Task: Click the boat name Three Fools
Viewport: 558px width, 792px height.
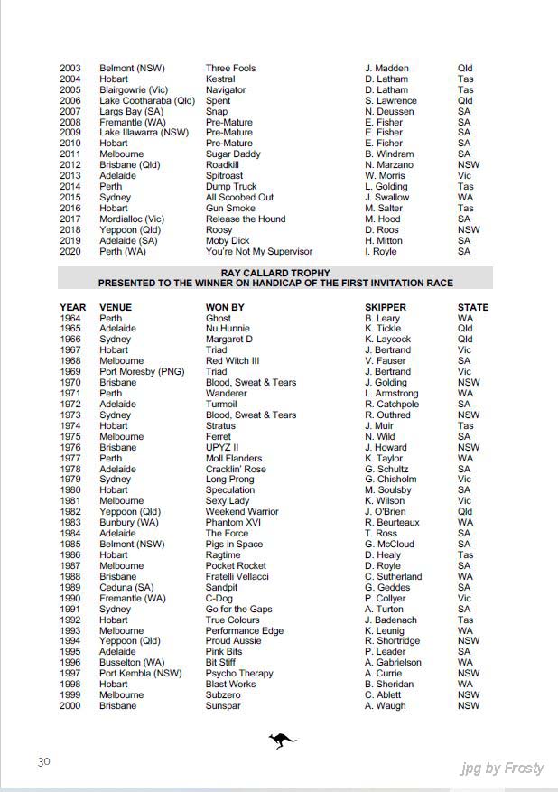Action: pyautogui.click(x=230, y=69)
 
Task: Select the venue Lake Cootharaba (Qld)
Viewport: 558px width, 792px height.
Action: pyautogui.click(x=146, y=101)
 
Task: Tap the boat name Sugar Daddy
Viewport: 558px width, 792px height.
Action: pyautogui.click(x=233, y=154)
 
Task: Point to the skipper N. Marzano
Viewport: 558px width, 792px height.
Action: pyautogui.click(x=389, y=165)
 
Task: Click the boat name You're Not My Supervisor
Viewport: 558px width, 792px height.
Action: pyautogui.click(x=258, y=252)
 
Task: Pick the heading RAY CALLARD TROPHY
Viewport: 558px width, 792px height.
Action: pyautogui.click(x=275, y=273)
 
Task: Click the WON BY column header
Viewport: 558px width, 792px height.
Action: pyautogui.click(x=225, y=308)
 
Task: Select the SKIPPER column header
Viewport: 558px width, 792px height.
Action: pyautogui.click(x=388, y=308)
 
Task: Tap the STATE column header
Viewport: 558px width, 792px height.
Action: pyautogui.click(x=472, y=308)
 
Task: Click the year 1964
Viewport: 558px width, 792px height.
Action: pyautogui.click(x=70, y=319)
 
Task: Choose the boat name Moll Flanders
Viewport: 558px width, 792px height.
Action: pyautogui.click(x=234, y=458)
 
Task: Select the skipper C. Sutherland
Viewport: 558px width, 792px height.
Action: pyautogui.click(x=393, y=577)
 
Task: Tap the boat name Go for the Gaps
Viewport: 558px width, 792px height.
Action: pyautogui.click(x=238, y=610)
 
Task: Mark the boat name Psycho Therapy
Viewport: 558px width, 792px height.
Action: pyautogui.click(x=240, y=674)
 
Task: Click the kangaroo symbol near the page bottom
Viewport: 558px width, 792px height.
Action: pyautogui.click(x=282, y=741)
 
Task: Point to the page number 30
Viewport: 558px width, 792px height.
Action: pyautogui.click(x=43, y=762)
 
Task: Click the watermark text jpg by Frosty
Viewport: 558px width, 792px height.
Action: pyautogui.click(x=501, y=769)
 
